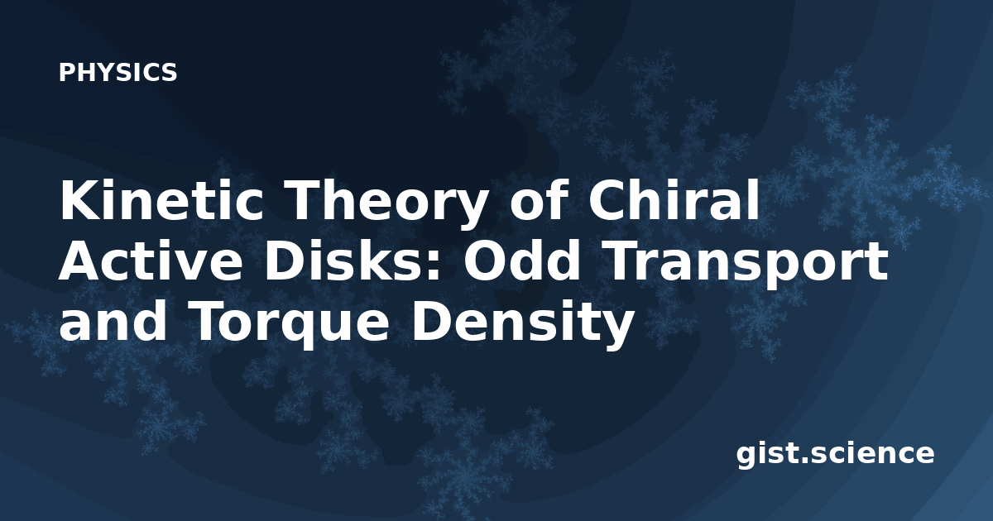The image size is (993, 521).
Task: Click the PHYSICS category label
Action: click(118, 72)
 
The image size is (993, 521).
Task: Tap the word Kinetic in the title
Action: click(162, 199)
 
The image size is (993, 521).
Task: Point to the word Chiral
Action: click(674, 199)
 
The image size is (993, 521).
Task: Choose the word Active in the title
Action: click(151, 260)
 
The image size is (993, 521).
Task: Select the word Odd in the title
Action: click(522, 260)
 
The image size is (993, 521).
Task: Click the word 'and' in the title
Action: click(113, 322)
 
